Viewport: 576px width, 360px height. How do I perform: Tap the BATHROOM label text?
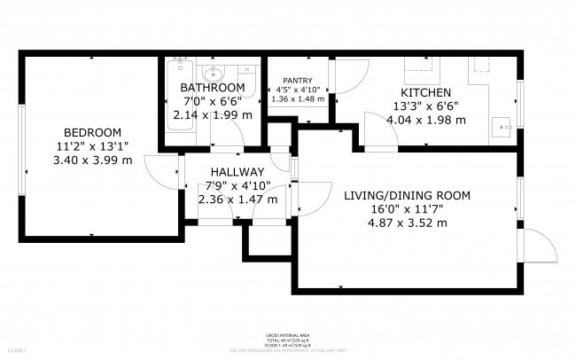click(x=212, y=88)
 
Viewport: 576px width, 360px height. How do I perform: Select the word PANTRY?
click(x=300, y=80)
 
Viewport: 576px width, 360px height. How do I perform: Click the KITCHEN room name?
click(x=426, y=92)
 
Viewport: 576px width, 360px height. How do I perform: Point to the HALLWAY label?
click(x=237, y=172)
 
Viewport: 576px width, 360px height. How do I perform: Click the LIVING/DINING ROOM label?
click(x=406, y=195)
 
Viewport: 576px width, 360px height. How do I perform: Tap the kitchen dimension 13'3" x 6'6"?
click(x=426, y=106)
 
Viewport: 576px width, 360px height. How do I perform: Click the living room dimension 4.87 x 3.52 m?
click(x=406, y=223)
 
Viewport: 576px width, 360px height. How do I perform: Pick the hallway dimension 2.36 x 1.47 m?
click(x=237, y=200)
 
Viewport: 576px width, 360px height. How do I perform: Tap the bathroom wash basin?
click(x=213, y=74)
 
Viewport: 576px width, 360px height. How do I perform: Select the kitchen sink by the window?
click(x=506, y=127)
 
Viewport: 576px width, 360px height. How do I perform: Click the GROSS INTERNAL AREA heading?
click(x=287, y=334)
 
